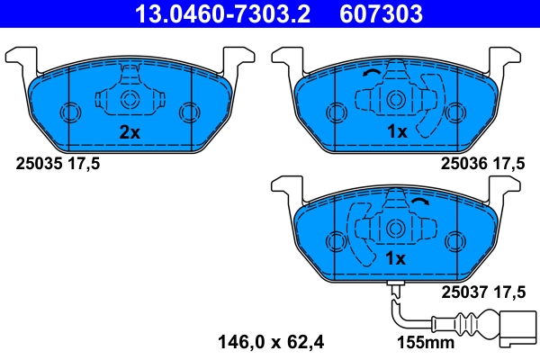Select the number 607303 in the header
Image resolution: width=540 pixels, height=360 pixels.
coord(379,14)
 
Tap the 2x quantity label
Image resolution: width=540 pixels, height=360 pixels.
coord(130,132)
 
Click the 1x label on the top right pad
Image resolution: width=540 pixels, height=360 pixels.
coord(397,132)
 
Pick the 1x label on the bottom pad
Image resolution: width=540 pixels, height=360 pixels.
coord(397,259)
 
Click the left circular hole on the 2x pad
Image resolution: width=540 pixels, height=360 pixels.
coord(69,112)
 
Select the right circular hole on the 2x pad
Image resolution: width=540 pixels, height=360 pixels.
coord(189,112)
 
